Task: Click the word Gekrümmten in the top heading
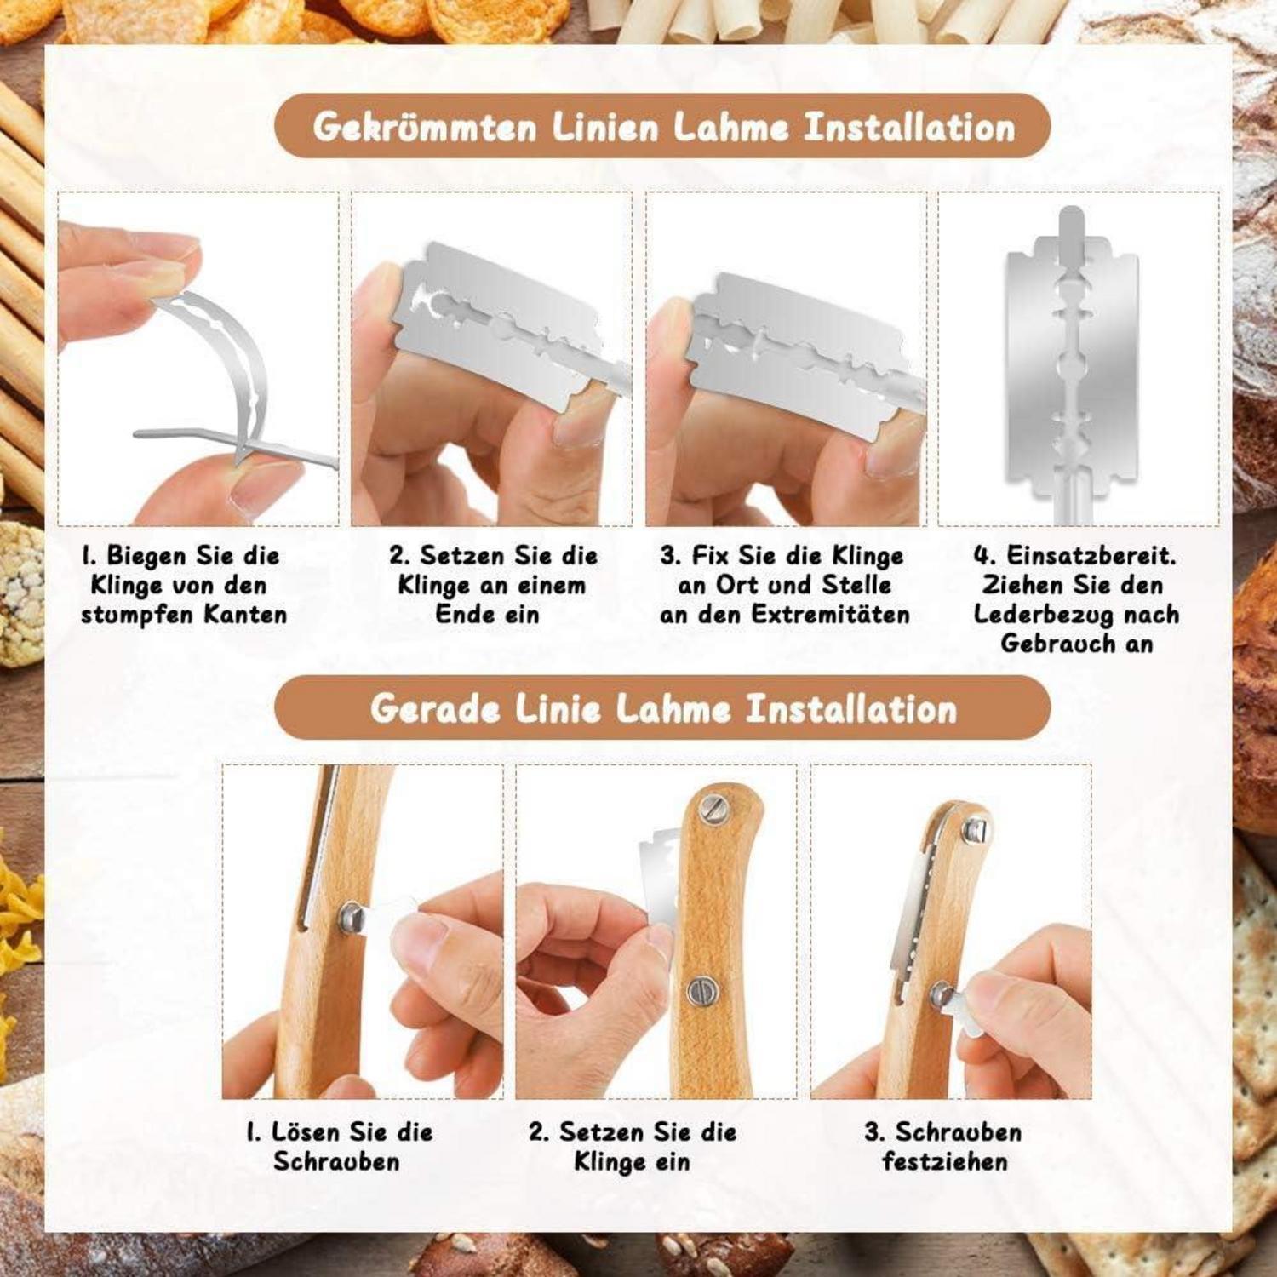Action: (x=426, y=128)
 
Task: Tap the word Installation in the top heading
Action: (x=909, y=128)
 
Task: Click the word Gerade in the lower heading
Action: (x=434, y=708)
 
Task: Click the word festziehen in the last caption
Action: (x=945, y=1161)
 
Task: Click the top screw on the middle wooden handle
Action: (x=712, y=808)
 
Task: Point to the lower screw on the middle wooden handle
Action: (x=703, y=990)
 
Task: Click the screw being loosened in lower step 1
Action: (x=351, y=917)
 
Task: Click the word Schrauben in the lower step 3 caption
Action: (x=959, y=1132)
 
